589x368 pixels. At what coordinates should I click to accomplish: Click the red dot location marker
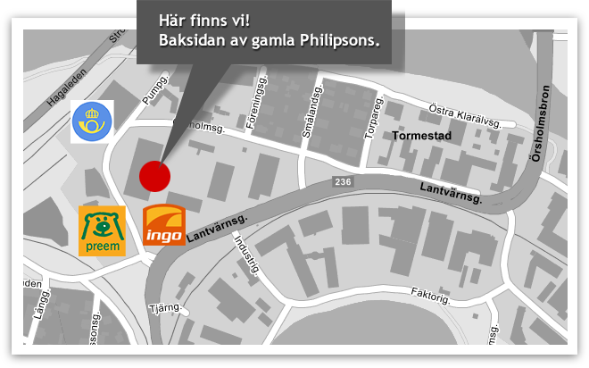154,175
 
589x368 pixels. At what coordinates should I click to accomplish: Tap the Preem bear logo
102,230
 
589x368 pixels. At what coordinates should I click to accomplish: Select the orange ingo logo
164,225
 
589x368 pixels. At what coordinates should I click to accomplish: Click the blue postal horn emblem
93,121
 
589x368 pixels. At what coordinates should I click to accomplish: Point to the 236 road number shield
344,182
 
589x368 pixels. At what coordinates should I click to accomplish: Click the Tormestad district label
422,136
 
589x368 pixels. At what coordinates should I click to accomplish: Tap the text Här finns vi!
196,20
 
